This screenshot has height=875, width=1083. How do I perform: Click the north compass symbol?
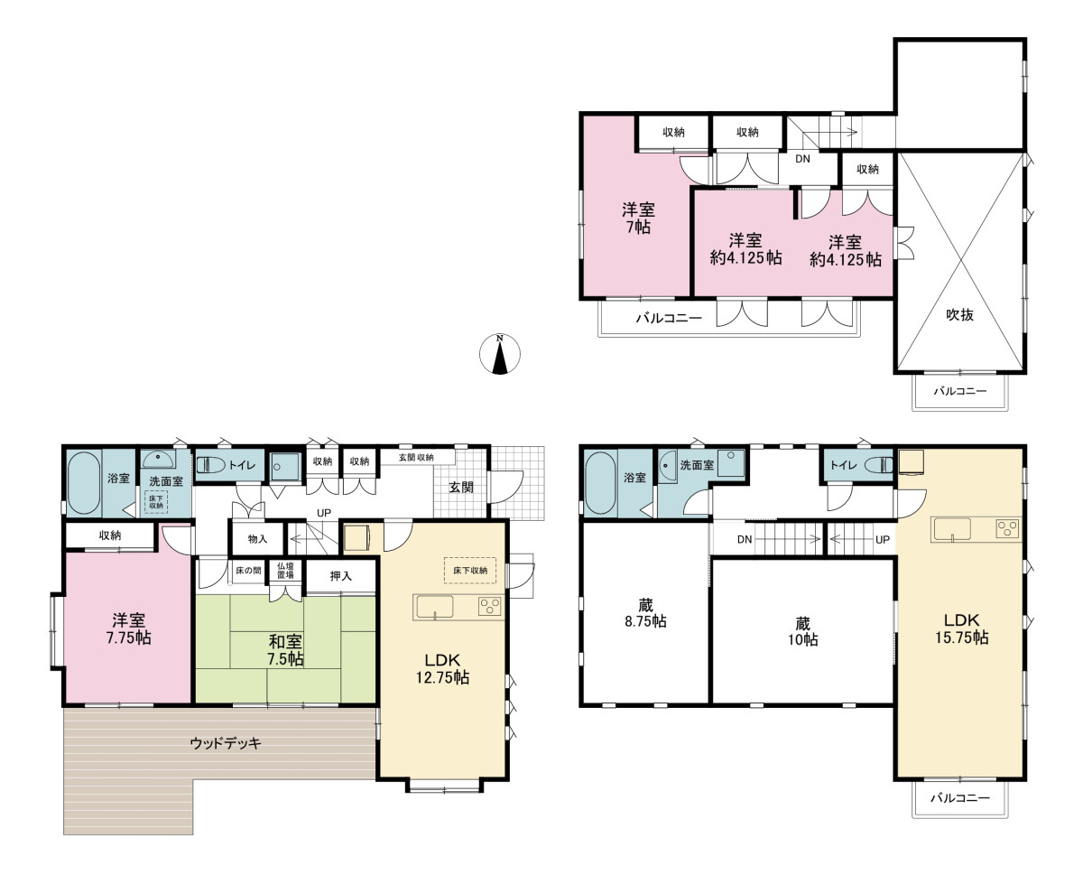499,354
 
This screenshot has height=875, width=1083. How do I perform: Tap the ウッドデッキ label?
226,743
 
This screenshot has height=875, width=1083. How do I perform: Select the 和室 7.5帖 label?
285,650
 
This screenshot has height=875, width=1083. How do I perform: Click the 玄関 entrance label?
461,487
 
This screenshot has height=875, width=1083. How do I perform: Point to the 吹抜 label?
959,314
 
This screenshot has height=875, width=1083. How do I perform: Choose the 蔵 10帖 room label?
803,631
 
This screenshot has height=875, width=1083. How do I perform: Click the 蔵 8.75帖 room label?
645,613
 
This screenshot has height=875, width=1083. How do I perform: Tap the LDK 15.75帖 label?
961,628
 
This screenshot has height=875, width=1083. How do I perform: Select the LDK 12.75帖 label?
442,668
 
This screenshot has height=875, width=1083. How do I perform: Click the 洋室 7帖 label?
638,218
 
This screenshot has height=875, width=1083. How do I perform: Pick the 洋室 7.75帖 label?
129,628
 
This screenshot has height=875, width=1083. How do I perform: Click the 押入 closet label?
340,576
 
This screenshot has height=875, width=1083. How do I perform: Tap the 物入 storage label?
257,539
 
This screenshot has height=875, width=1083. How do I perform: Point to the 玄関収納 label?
416,457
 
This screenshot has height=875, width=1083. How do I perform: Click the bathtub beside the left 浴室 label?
84,483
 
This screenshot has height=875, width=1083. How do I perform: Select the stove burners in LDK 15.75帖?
1007,529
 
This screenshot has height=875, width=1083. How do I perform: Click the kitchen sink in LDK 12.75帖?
435,607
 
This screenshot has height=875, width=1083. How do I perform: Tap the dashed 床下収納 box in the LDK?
469,571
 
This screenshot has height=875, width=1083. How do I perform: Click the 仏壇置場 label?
285,571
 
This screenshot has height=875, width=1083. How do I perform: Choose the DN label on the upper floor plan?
802,159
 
